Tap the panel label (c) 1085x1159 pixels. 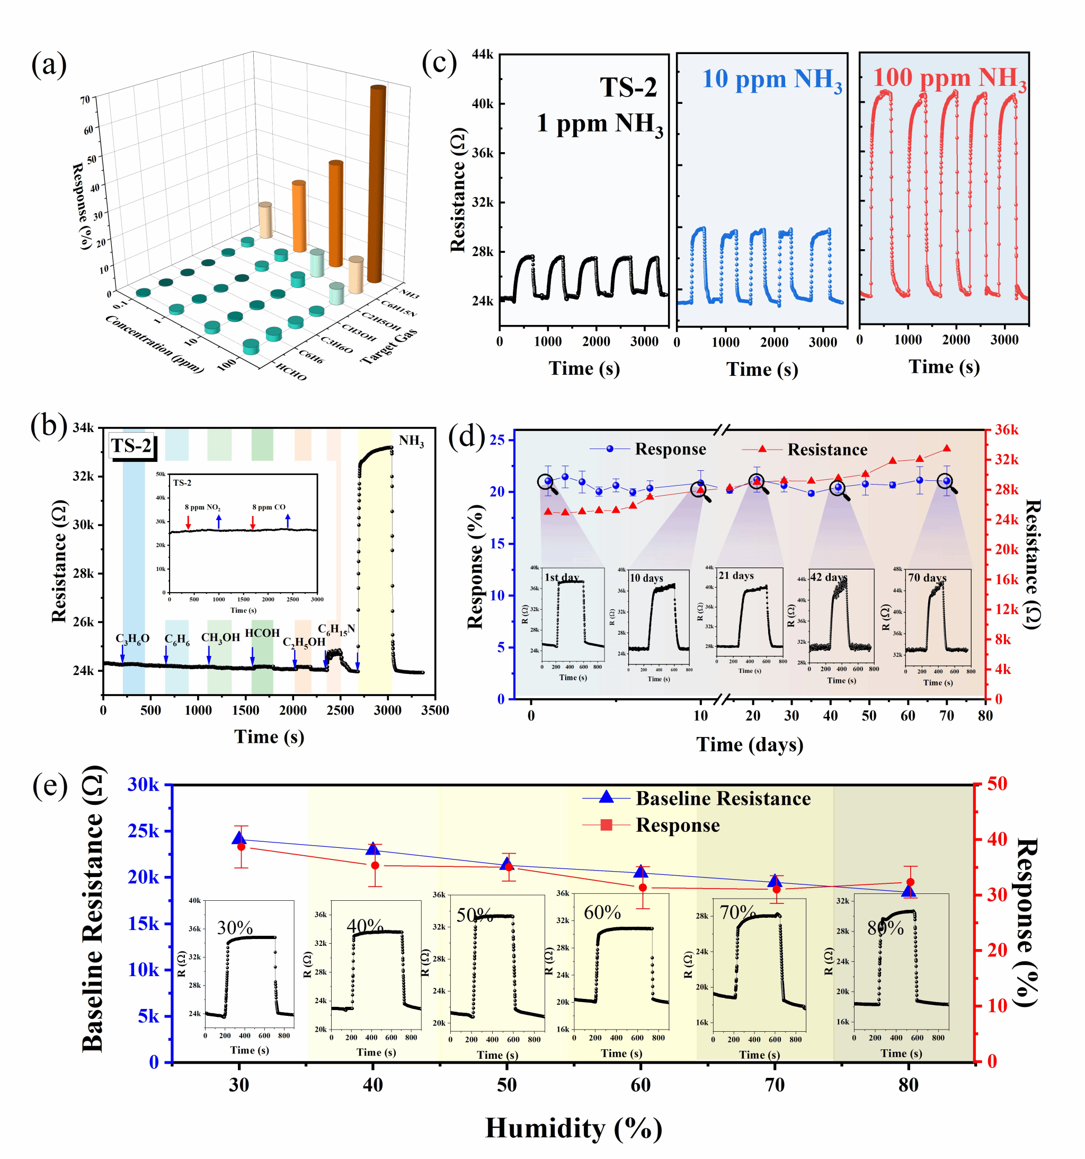(x=439, y=63)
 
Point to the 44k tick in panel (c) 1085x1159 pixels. (x=483, y=55)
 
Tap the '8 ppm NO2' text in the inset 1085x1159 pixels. (x=202, y=507)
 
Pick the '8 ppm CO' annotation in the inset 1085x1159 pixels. (x=269, y=507)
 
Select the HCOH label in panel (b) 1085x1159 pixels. (x=262, y=633)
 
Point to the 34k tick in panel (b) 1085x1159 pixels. (x=83, y=427)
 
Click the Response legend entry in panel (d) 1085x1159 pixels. (x=670, y=449)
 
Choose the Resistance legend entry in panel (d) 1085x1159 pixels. (x=827, y=450)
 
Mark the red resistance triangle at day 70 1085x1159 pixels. (x=946, y=449)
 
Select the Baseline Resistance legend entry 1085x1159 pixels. (x=723, y=798)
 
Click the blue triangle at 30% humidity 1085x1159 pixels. (x=239, y=838)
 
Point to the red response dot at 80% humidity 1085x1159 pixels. (x=910, y=883)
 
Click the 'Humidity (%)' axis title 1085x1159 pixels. (x=573, y=1128)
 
